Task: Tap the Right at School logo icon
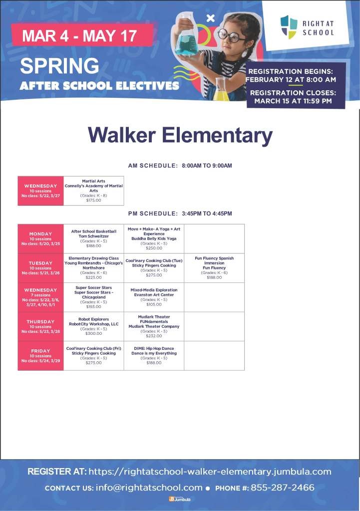(289, 26)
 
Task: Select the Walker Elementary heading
(180, 135)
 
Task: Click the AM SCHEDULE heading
(180, 166)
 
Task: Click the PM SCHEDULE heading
(180, 214)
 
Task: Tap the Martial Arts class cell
(93, 191)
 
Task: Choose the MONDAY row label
(40, 239)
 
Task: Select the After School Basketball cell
(93, 239)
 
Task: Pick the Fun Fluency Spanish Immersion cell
(214, 268)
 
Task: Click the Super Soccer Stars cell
(93, 297)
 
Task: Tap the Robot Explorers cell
(93, 326)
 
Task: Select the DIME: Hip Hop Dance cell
(154, 355)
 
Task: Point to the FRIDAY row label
(40, 355)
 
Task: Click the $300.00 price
(93, 333)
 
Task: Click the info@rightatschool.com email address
(149, 488)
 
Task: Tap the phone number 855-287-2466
(283, 488)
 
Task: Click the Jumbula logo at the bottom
(180, 499)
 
